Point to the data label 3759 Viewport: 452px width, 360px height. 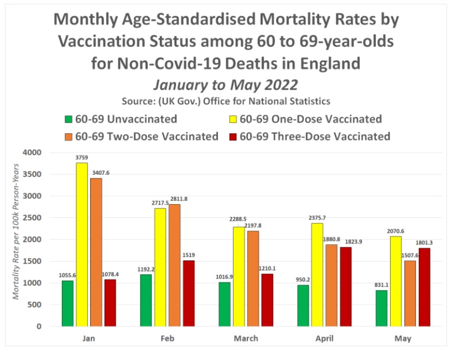click(x=82, y=158)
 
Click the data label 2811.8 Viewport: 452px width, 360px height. click(x=175, y=199)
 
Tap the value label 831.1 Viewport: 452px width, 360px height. click(x=382, y=285)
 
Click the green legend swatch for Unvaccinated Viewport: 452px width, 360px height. click(x=69, y=119)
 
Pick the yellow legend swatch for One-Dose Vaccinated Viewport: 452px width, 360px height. click(x=234, y=119)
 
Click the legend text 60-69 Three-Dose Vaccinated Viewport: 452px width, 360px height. click(x=316, y=136)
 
